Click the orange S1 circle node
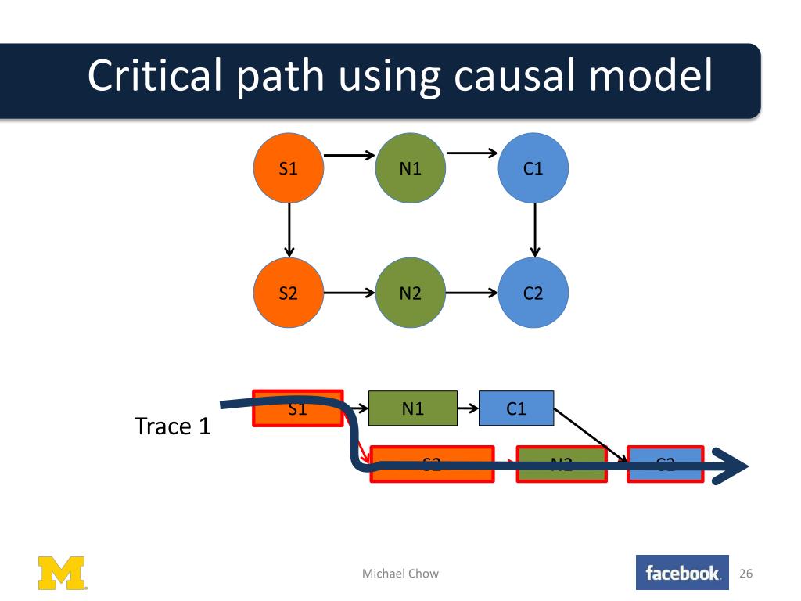tap(289, 168)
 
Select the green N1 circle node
tap(411, 168)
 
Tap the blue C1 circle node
tap(533, 168)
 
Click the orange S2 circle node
tap(289, 293)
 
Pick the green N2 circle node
tap(411, 293)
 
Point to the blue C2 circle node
tap(533, 293)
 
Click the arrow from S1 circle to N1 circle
tap(349, 156)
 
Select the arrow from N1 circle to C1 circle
tap(472, 153)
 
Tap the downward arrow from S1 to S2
tap(289, 230)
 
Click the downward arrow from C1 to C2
tap(534, 230)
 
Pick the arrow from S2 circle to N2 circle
tap(349, 294)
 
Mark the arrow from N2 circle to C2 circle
tap(472, 294)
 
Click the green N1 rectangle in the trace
tap(412, 408)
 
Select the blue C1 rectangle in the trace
tap(516, 408)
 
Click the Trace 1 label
tap(173, 426)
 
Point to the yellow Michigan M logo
tap(63, 573)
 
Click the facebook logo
tap(682, 574)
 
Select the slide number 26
tap(745, 574)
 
